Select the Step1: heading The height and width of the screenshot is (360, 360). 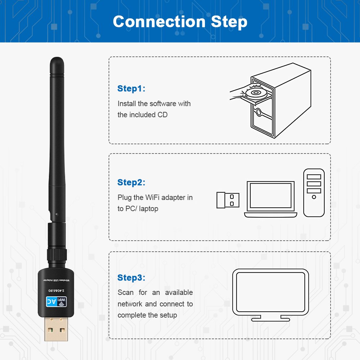pos(131,89)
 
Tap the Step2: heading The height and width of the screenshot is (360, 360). pos(131,182)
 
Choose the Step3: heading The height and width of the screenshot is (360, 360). pos(131,278)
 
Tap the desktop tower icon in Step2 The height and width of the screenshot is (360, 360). pos(314,193)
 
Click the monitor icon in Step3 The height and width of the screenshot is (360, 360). pos(270,293)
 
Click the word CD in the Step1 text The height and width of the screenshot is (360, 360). pos(163,115)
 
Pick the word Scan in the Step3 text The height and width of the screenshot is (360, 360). pos(126,292)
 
